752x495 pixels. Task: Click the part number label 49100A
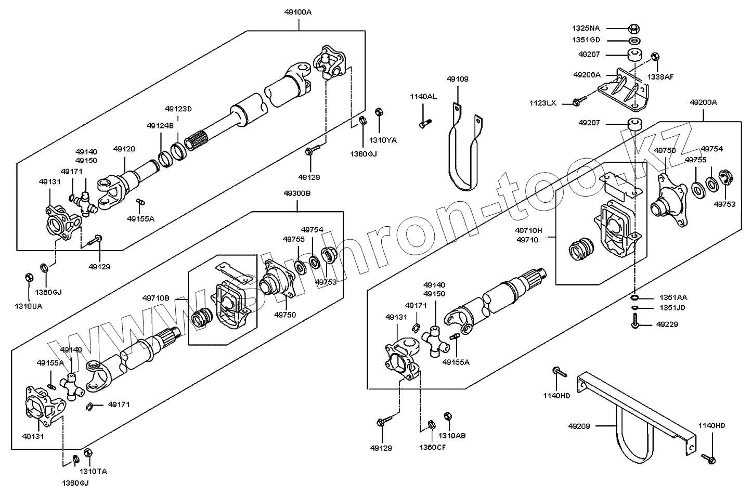298,11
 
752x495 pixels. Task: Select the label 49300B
297,193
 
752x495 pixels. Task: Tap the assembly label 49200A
703,103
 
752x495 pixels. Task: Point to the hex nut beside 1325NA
633,28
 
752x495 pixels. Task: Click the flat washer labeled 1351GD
633,41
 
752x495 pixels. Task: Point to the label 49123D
178,109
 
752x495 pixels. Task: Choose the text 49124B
160,126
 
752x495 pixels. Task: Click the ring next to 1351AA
634,298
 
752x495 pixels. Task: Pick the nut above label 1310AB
447,416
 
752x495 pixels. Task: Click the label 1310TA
94,472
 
